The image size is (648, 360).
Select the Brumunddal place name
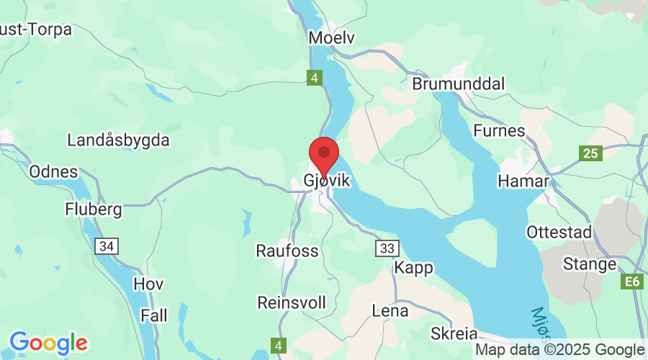click(x=458, y=84)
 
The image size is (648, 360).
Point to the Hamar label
click(x=523, y=181)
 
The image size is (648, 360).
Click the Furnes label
click(x=499, y=131)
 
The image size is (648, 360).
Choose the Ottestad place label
click(x=559, y=233)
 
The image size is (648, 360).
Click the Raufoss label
click(x=287, y=251)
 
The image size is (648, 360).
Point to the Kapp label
click(x=414, y=268)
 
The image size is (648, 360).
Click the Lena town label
click(x=390, y=311)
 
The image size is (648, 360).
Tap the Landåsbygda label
click(x=118, y=140)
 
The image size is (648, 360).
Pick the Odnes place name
click(x=53, y=172)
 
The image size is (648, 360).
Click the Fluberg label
click(x=94, y=209)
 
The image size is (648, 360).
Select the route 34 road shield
click(x=107, y=247)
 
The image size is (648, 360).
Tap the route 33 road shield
click(x=387, y=248)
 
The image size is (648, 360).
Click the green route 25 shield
click(x=591, y=153)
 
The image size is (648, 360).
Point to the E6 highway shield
click(x=631, y=282)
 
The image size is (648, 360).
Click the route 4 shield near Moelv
click(x=315, y=78)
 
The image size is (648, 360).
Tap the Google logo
click(x=48, y=342)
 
